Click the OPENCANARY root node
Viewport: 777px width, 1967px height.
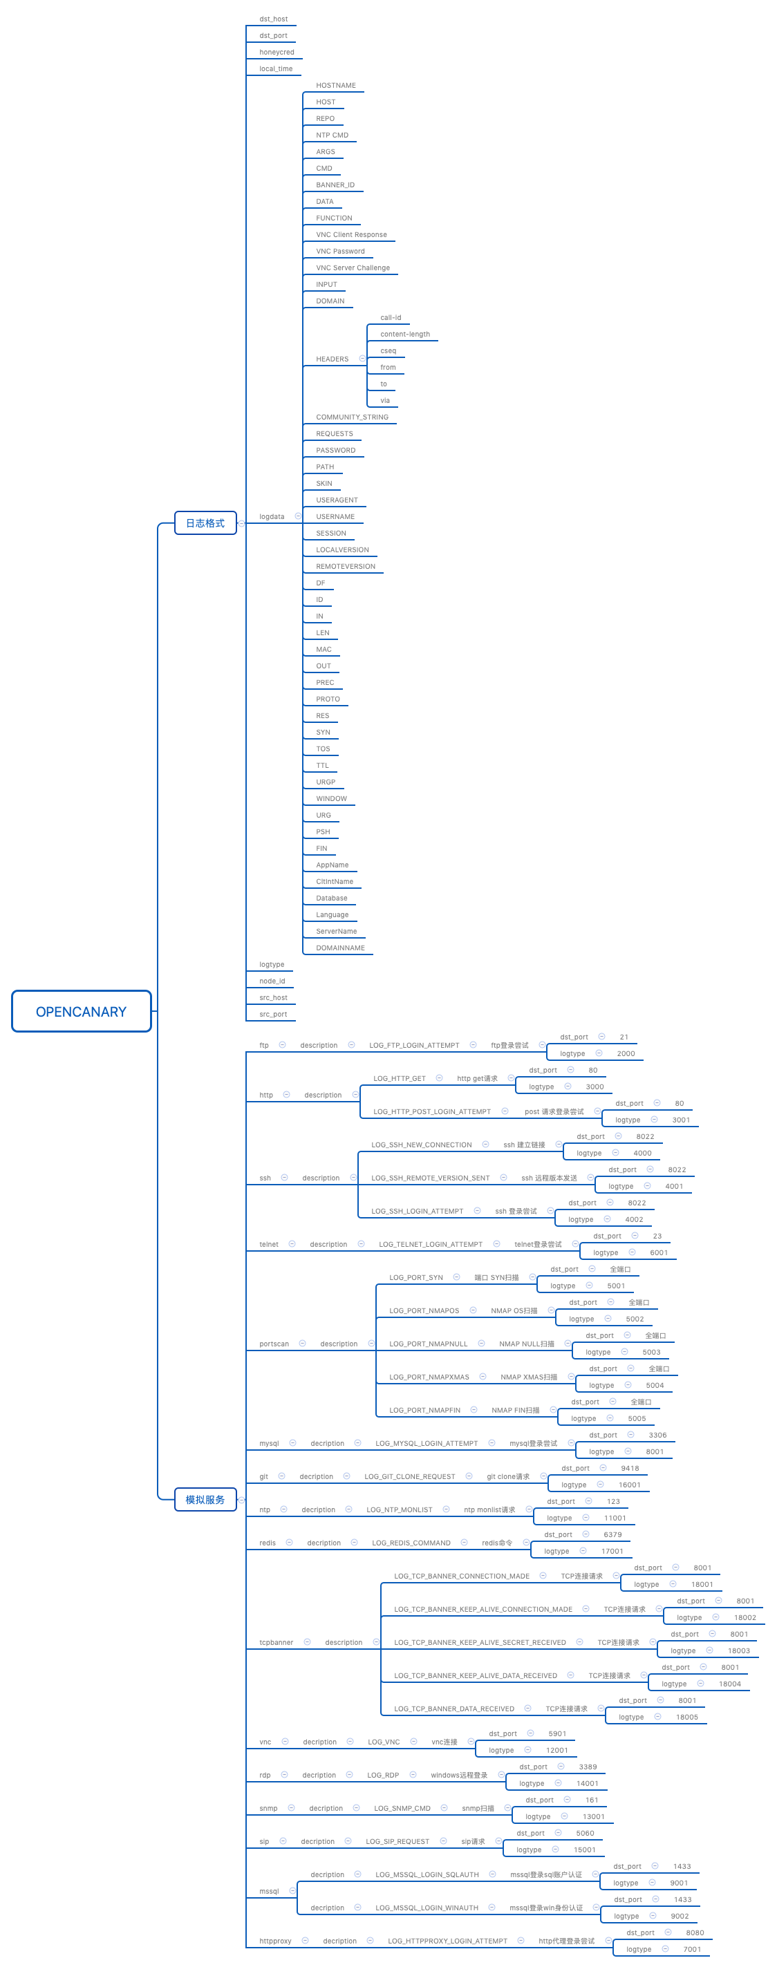[x=81, y=1011]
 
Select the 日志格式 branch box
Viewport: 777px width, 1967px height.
[x=205, y=523]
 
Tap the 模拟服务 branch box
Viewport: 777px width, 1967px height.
[x=205, y=1500]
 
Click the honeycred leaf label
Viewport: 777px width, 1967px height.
[x=277, y=52]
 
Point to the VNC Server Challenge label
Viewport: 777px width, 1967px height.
[x=353, y=268]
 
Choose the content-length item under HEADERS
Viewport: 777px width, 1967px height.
[x=404, y=335]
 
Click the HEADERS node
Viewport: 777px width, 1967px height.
[x=332, y=359]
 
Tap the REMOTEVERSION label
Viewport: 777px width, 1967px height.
[x=346, y=567]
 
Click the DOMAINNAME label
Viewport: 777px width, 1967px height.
[x=340, y=948]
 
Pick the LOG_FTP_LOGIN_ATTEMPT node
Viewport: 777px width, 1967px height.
[x=414, y=1045]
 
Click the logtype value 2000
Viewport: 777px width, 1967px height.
[x=626, y=1054]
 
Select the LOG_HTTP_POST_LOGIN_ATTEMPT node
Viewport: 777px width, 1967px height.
[x=431, y=1112]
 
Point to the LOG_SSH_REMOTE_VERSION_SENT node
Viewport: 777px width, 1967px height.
[x=430, y=1178]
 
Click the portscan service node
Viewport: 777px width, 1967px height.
[x=274, y=1344]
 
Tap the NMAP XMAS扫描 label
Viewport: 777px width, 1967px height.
[x=529, y=1377]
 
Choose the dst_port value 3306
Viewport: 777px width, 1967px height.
[x=657, y=1435]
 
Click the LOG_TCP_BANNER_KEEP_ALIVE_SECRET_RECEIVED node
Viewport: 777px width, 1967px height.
[x=480, y=1642]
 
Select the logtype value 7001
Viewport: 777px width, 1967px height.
[x=692, y=1950]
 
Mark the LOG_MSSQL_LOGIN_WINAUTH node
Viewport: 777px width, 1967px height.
[x=427, y=1908]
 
